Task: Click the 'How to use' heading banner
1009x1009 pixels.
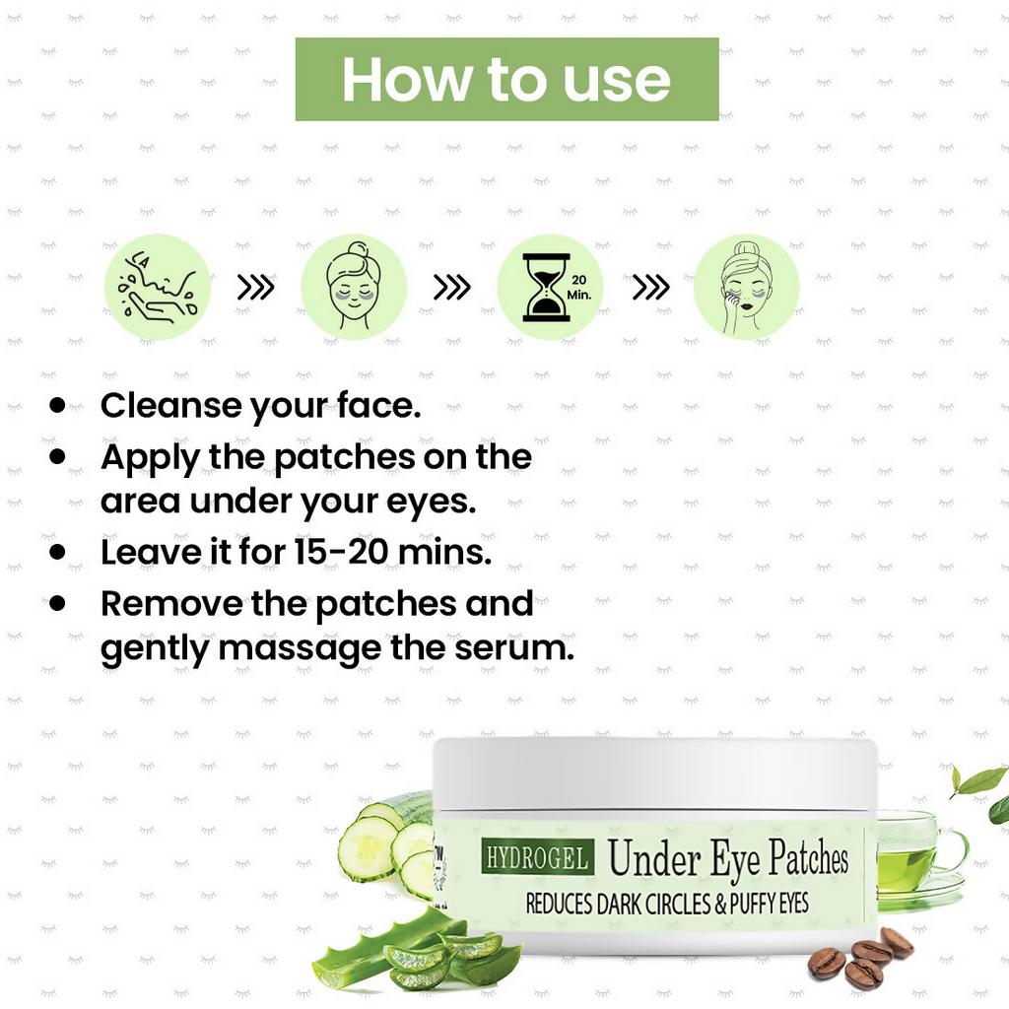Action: (506, 79)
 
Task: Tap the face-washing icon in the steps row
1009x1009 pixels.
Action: (158, 288)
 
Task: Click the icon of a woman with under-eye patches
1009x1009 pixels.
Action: (353, 288)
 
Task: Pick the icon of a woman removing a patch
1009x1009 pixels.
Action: (747, 288)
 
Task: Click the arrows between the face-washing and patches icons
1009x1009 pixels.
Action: (255, 288)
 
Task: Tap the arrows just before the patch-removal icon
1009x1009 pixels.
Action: (650, 288)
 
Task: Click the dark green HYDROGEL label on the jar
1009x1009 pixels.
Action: (537, 857)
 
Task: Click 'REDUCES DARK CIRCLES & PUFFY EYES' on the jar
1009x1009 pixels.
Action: (667, 904)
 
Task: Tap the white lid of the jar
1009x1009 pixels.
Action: (654, 774)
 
